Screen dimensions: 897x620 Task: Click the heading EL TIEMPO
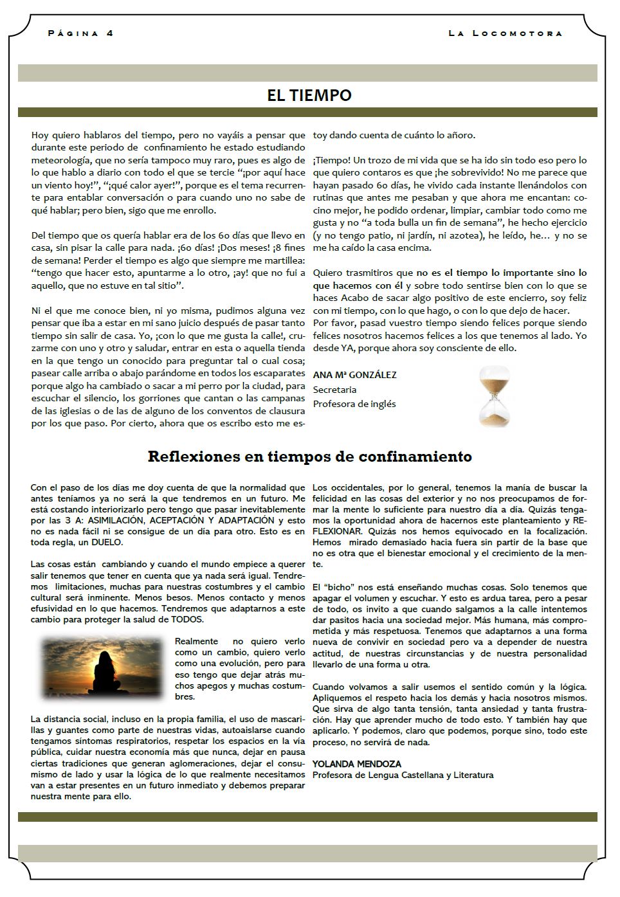tap(309, 95)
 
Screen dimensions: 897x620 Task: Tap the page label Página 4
tap(80, 33)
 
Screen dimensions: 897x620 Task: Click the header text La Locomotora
tap(505, 33)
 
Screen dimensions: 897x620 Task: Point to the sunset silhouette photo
tap(102, 667)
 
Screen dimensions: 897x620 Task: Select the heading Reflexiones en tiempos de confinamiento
tap(309, 457)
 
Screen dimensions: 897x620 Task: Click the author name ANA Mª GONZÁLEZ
tap(354, 375)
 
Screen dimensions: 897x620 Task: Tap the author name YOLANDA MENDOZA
tap(356, 764)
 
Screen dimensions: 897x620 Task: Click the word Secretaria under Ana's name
tap(334, 390)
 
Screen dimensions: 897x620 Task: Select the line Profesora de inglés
tap(354, 404)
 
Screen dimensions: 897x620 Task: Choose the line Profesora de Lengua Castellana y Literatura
tap(403, 775)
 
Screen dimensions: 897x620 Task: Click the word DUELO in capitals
tap(105, 542)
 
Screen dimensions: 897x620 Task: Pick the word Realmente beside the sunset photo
tap(197, 641)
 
